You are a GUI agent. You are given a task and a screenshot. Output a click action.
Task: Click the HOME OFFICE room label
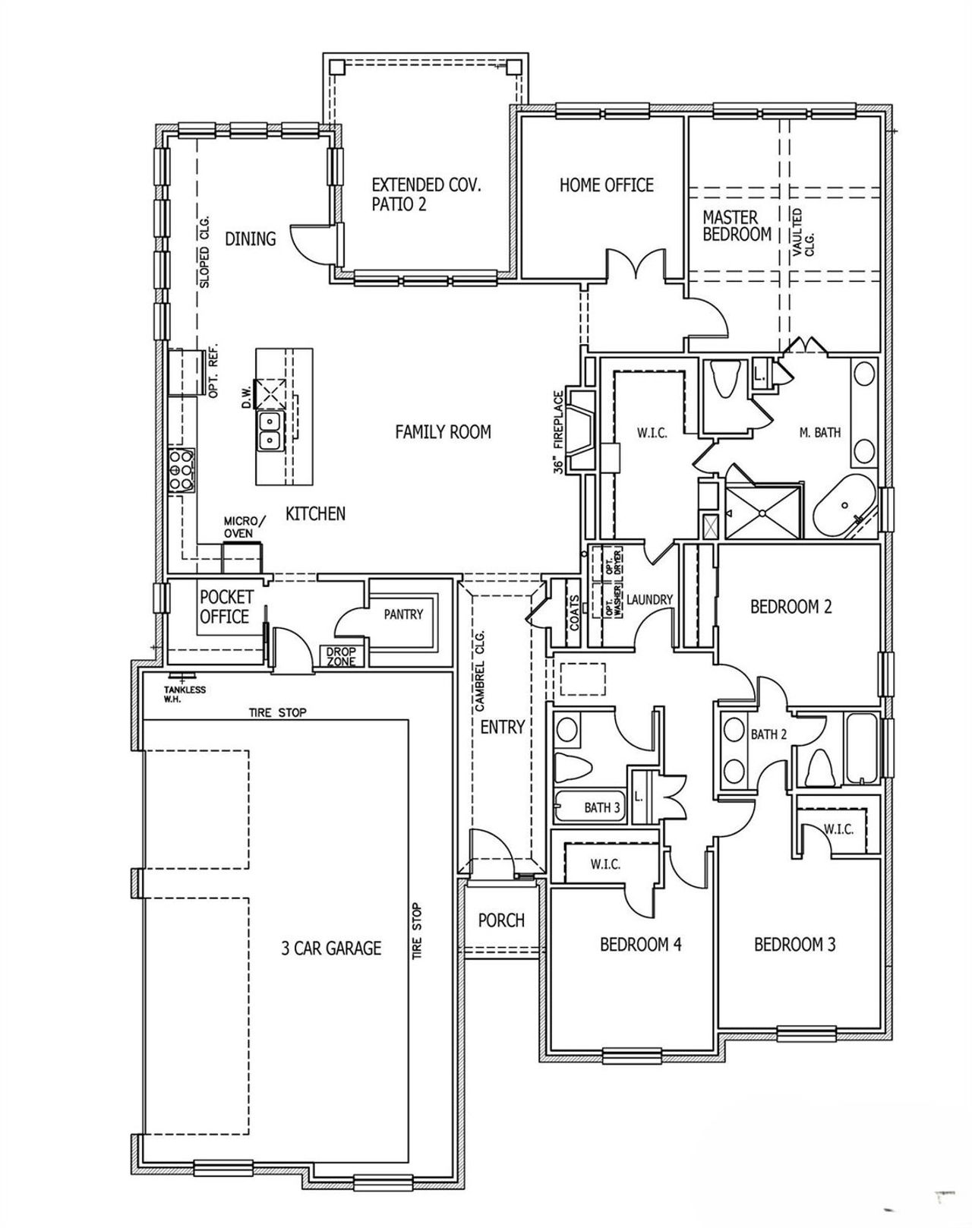tap(606, 185)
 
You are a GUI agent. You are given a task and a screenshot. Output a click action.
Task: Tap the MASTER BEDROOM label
tap(736, 226)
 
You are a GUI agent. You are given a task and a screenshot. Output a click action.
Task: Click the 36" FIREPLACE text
tap(560, 432)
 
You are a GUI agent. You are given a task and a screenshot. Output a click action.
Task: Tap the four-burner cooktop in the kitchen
tap(181, 470)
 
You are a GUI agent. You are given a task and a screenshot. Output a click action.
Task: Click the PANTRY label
tap(402, 614)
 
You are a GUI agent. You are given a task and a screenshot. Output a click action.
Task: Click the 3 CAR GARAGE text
tap(331, 948)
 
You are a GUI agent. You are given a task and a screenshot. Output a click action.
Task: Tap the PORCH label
tap(501, 920)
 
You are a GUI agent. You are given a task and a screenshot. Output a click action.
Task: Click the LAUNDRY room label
tap(650, 599)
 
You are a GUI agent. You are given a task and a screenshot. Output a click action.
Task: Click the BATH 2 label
tap(768, 734)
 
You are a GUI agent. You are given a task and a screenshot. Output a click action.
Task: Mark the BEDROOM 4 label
tap(640, 944)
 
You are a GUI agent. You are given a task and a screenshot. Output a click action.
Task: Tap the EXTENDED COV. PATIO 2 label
tap(425, 194)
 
